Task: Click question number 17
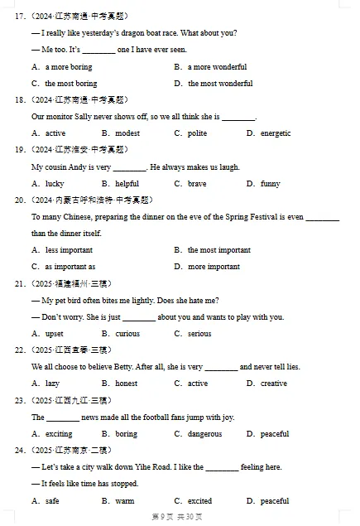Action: (20, 16)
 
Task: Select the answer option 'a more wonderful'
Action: (217, 66)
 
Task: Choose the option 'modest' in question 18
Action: (127, 133)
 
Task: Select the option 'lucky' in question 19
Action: (54, 184)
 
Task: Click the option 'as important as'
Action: (70, 267)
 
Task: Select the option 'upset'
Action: (54, 334)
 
